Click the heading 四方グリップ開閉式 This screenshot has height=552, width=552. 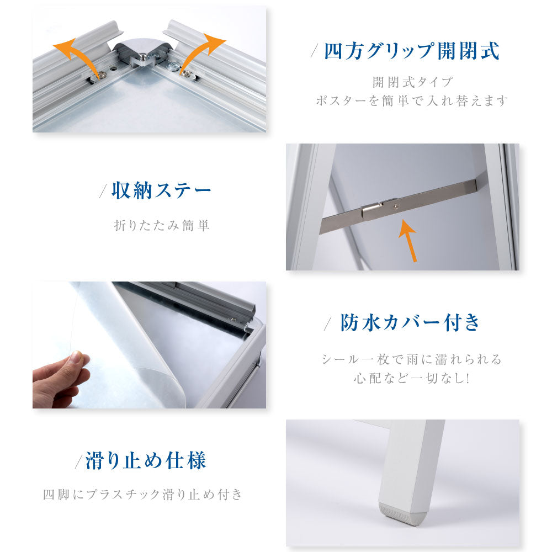412,51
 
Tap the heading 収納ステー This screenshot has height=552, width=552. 161,191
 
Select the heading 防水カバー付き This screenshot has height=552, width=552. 410,322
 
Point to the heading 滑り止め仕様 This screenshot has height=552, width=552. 146,460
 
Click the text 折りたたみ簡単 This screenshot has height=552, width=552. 162,225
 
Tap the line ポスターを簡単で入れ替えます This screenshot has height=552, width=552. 412,100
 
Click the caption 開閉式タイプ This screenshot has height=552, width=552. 412,82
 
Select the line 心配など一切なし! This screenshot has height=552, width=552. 412,378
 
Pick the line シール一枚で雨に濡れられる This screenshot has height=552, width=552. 412,359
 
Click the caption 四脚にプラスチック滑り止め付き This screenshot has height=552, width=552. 143,495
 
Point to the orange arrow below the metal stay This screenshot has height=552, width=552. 409,241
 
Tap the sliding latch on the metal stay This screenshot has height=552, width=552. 373,210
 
